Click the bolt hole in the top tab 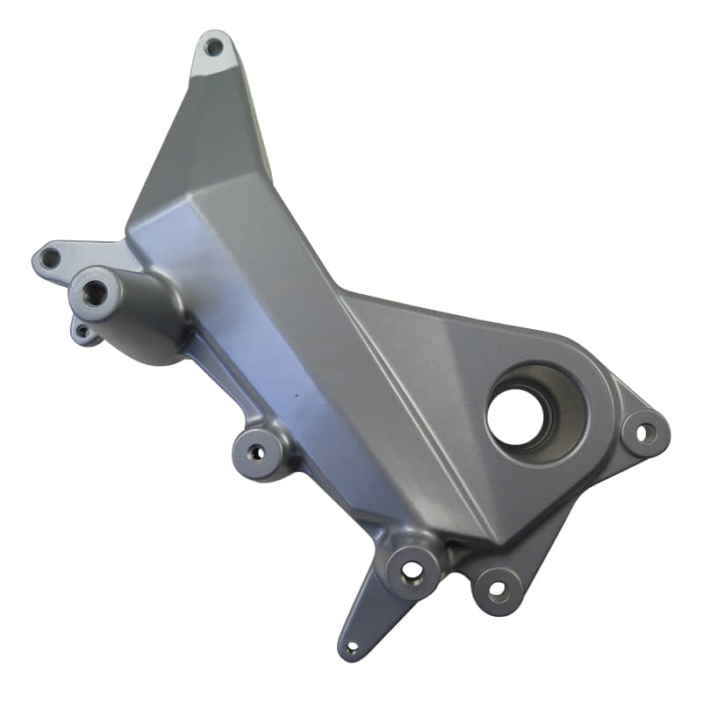(213, 47)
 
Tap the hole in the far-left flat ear (50, 258)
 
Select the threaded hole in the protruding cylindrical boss (94, 294)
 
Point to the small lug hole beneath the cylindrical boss (82, 332)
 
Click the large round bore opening (517, 415)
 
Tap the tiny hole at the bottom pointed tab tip (352, 648)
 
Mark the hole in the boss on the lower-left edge (256, 453)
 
